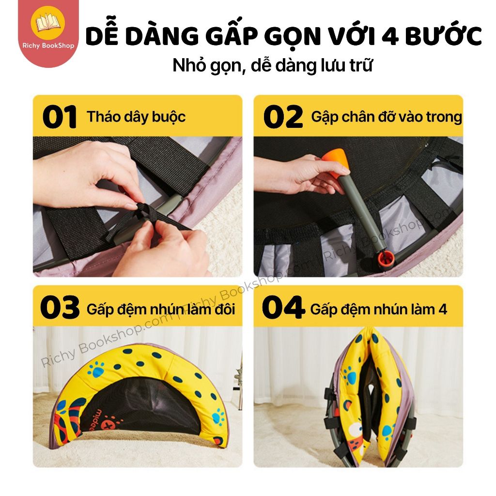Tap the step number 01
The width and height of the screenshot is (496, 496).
[60, 117]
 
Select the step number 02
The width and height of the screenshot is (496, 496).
[283, 117]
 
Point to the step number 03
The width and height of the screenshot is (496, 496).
[60, 309]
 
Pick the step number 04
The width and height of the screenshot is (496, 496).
[283, 309]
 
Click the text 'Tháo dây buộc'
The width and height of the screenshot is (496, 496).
[136, 117]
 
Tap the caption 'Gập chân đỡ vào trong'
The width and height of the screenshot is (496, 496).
[387, 117]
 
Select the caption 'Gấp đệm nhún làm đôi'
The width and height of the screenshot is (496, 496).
[161, 309]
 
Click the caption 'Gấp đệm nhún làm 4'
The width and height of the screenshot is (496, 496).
[379, 309]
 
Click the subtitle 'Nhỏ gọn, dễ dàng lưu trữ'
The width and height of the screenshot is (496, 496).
[272, 65]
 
